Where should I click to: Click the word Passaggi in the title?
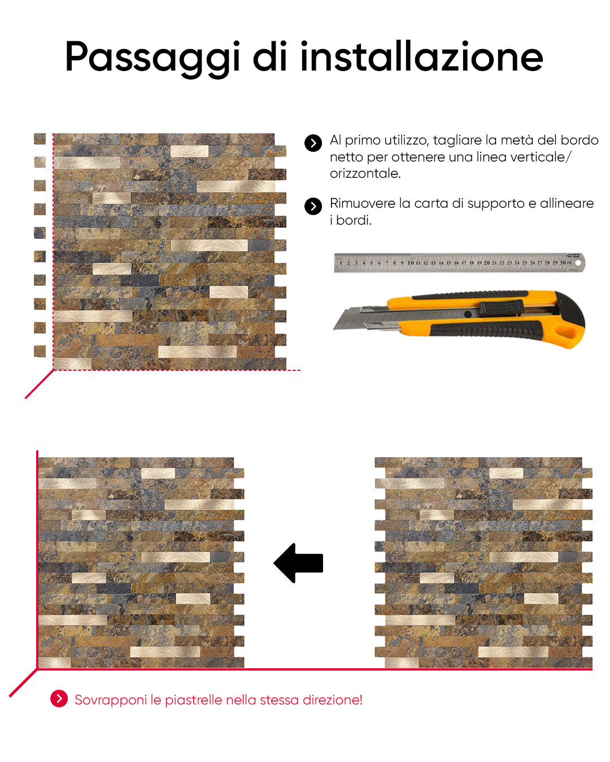[152, 59]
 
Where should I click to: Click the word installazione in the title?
[421, 56]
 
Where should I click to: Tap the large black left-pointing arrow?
[298, 563]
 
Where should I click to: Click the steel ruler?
[459, 262]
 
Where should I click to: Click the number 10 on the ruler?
[411, 262]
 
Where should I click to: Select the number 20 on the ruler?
[487, 262]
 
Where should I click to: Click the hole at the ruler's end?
[578, 262]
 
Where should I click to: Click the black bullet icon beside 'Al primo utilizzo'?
[313, 143]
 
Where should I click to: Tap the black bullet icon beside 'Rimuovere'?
[313, 206]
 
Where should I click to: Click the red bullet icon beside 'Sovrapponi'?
[59, 699]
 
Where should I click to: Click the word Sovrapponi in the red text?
[111, 700]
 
